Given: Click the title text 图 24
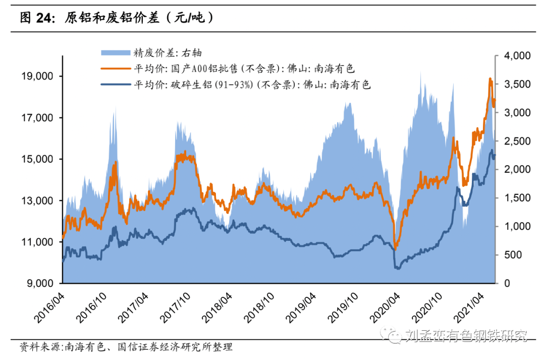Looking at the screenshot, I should click(x=38, y=18).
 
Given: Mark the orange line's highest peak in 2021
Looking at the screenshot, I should click(x=489, y=78).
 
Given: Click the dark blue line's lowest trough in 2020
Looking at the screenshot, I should click(x=397, y=268).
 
